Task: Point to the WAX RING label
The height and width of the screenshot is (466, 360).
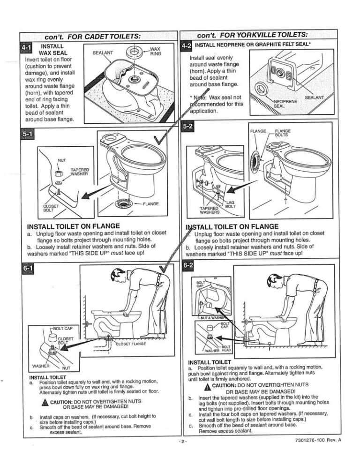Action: click(155, 51)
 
